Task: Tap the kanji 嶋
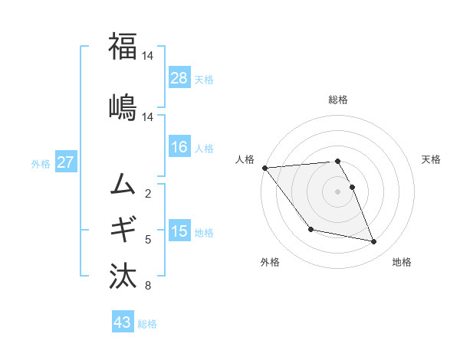click(123, 105)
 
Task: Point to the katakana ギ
click(123, 228)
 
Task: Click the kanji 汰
click(123, 273)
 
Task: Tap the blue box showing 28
click(179, 78)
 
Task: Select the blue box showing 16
click(179, 148)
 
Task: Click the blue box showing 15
click(179, 231)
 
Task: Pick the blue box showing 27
click(65, 162)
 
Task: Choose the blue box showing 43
click(123, 322)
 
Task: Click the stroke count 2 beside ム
click(148, 193)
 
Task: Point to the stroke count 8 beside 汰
click(148, 286)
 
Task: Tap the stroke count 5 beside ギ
click(148, 240)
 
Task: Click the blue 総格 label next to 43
click(147, 323)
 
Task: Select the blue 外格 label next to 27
click(41, 163)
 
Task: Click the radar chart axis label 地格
click(402, 262)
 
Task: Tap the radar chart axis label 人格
click(245, 159)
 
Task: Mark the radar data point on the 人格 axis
click(264, 168)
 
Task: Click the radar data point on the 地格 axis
click(374, 242)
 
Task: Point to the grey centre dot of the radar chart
click(337, 191)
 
